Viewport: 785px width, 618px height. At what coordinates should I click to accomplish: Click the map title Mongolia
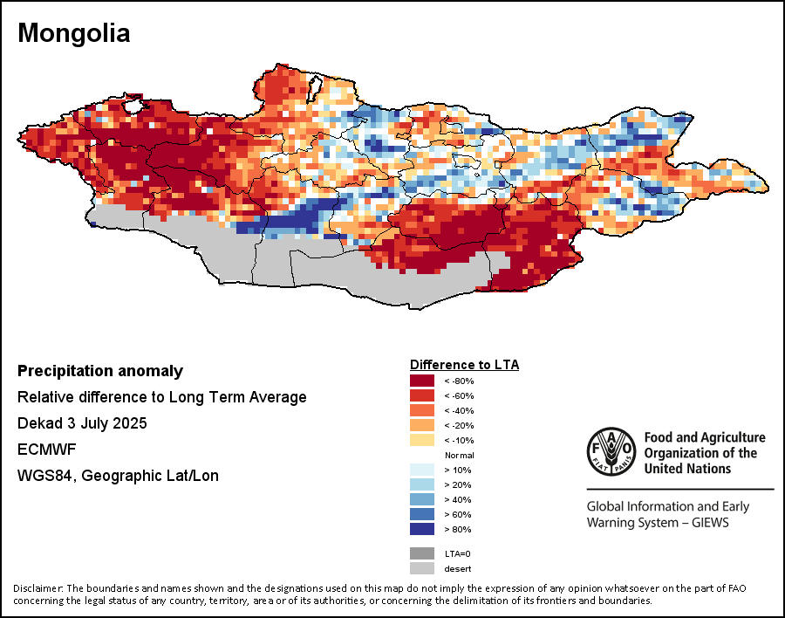(74, 34)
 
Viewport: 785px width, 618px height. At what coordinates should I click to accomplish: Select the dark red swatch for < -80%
(423, 381)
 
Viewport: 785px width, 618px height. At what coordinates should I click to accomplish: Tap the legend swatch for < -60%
(423, 395)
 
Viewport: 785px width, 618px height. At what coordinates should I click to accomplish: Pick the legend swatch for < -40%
(423, 410)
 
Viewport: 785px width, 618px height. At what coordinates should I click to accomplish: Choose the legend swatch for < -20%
(423, 425)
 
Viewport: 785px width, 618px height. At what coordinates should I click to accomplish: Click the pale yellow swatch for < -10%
(423, 440)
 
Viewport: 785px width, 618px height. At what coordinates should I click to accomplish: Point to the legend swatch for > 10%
(423, 470)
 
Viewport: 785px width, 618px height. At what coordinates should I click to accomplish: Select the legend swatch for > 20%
(423, 485)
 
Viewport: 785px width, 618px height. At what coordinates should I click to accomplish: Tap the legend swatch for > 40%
(423, 500)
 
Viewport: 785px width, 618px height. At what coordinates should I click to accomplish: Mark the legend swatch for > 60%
(423, 515)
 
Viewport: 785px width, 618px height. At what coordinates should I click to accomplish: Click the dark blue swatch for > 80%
(423, 530)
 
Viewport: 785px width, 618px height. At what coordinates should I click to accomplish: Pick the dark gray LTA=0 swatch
(423, 553)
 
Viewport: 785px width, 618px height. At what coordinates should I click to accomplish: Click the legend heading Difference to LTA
(464, 364)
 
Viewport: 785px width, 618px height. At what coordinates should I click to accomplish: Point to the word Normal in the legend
(459, 456)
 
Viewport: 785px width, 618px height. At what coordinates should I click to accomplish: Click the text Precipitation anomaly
(100, 371)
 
